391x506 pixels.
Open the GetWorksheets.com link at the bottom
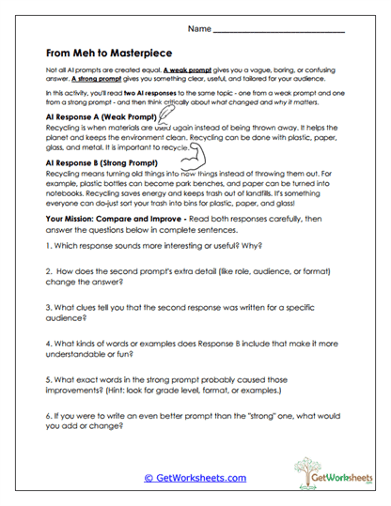[x=195, y=478]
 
